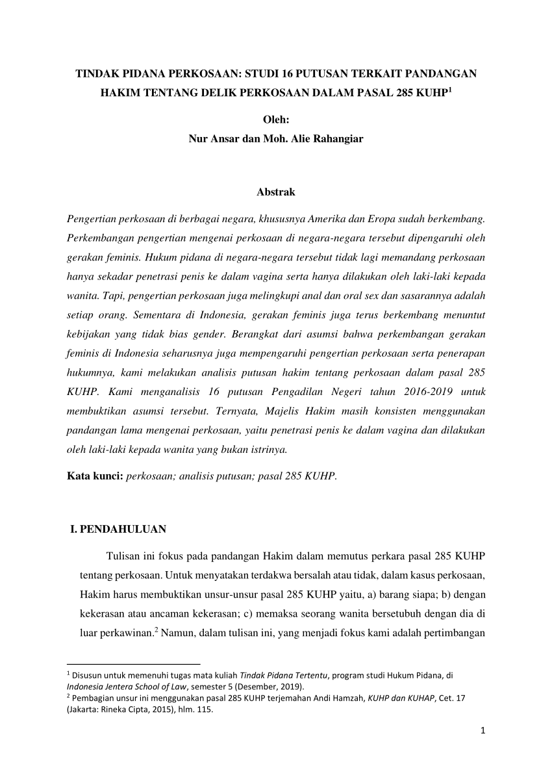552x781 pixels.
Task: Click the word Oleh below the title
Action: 275,119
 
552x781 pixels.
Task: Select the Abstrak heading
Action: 276,192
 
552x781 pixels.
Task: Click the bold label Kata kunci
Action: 95,476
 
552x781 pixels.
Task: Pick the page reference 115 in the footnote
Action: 205,709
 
